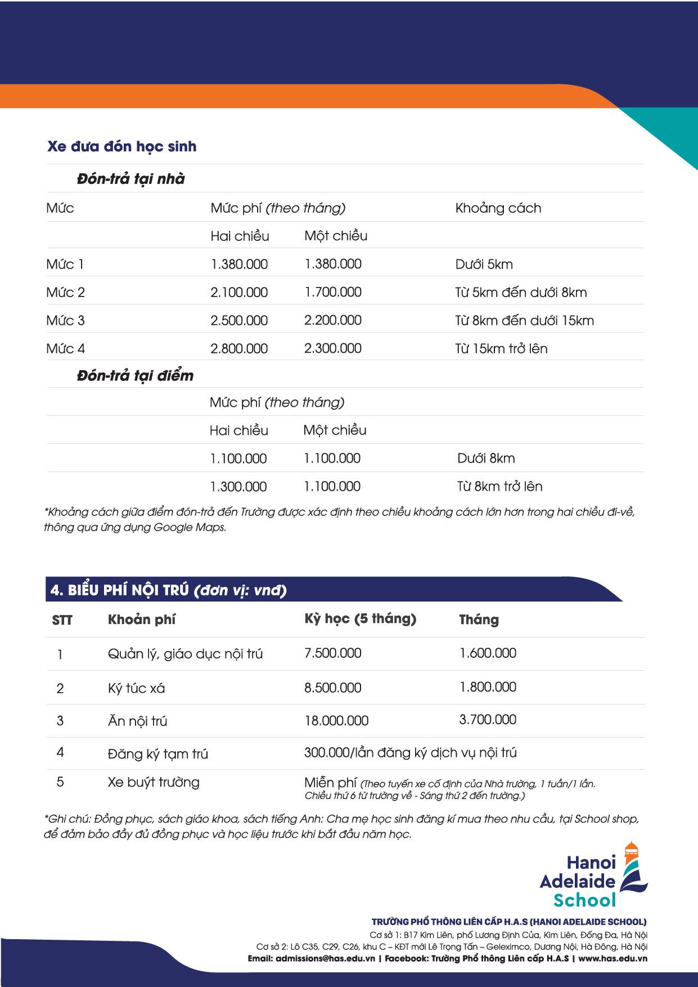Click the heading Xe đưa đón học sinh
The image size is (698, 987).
[x=122, y=147]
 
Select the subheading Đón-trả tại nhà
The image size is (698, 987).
[x=130, y=179]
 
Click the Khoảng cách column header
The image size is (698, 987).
[x=498, y=208]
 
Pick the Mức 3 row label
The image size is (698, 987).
[x=65, y=321]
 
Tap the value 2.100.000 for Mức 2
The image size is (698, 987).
[x=239, y=293]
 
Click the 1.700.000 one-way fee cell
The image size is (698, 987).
[x=333, y=293]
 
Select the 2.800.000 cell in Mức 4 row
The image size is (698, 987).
[x=239, y=349]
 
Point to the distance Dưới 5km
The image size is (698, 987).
[x=484, y=264]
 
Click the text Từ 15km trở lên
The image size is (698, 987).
[x=501, y=349]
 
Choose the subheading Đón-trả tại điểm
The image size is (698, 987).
[x=135, y=375]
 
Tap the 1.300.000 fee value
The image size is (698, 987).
[x=238, y=487]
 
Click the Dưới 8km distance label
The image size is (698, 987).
[x=486, y=459]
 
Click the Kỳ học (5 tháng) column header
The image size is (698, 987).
[x=360, y=619]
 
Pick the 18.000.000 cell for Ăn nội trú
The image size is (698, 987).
[x=336, y=721]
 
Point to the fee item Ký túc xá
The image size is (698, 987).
[x=136, y=688]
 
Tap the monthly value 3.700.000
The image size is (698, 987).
[x=488, y=720]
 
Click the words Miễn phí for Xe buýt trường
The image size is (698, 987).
[x=330, y=783]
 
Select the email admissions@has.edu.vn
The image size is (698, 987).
[x=325, y=958]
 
